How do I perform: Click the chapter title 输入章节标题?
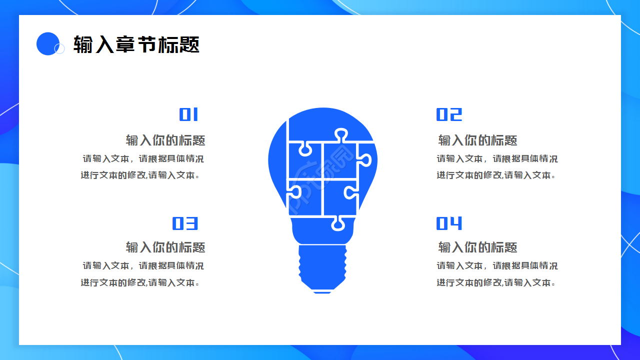point(136,44)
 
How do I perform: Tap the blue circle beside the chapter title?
point(48,43)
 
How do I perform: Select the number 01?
point(189,115)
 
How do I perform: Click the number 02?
point(449,115)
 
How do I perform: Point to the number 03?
point(185,223)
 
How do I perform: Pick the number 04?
point(449,223)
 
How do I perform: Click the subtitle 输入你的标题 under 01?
point(165,140)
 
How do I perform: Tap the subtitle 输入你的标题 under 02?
point(477,140)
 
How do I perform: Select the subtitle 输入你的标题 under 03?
point(165,247)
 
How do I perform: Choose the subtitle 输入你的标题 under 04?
point(477,247)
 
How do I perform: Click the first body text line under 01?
point(143,159)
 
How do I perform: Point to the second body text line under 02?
point(496,175)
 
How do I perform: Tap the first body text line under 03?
point(143,266)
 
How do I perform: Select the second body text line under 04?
point(496,282)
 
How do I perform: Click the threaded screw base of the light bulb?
point(322,265)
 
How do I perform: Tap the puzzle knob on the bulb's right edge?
point(365,160)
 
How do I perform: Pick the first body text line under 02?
point(497,159)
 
